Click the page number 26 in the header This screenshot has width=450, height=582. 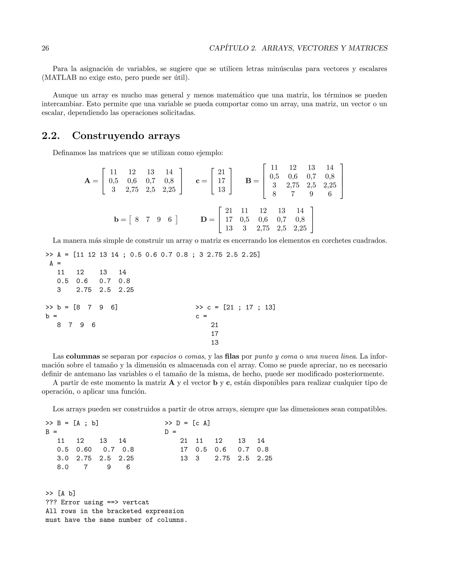[45, 48]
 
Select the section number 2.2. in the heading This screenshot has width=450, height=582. [51, 136]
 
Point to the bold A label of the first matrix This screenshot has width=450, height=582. [87, 181]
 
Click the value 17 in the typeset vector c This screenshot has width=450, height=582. [221, 181]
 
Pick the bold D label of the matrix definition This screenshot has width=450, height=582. [204, 220]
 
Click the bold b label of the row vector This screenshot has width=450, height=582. [116, 220]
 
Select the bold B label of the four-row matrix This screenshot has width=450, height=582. [248, 181]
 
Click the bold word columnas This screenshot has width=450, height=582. [83, 356]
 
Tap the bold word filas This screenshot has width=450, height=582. [232, 356]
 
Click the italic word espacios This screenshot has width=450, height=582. [163, 356]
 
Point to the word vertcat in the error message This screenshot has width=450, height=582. [136, 502]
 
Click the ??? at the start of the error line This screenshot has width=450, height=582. [51, 502]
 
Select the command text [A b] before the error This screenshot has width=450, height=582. [66, 493]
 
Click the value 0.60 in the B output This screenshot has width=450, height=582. [84, 450]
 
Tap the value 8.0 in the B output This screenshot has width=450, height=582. [63, 467]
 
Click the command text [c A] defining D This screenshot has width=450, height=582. [201, 423]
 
